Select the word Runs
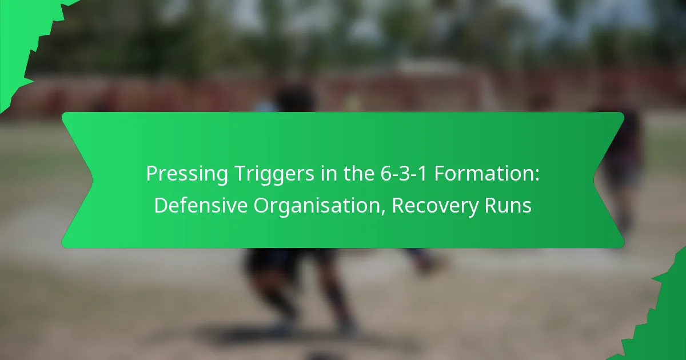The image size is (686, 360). click(510, 206)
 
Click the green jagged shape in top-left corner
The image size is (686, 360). click(23, 34)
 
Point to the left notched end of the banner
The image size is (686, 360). click(77, 180)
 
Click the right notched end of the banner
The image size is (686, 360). click(609, 180)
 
